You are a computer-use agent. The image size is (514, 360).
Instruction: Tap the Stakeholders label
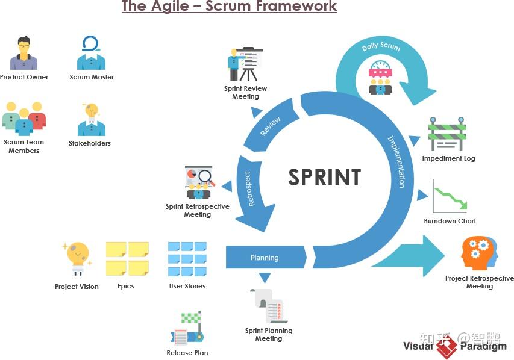pyautogui.click(x=90, y=143)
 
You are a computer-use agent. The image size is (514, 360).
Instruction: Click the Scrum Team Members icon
pyautogui.click(x=24, y=118)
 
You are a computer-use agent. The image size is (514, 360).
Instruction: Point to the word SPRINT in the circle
pyautogui.click(x=324, y=178)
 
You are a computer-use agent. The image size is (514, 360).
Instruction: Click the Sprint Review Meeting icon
pyautogui.click(x=246, y=64)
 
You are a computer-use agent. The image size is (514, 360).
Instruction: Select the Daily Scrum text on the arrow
pyautogui.click(x=380, y=47)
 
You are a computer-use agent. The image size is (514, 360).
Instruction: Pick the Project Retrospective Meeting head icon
pyautogui.click(x=479, y=253)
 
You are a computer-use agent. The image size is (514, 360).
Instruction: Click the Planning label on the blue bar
pyautogui.click(x=265, y=258)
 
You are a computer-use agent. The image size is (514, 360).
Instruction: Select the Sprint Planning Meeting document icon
pyautogui.click(x=269, y=305)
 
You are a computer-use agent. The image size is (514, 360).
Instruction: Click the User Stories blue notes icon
pyautogui.click(x=187, y=259)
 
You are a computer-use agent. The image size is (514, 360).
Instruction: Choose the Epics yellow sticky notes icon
pyautogui.click(x=127, y=259)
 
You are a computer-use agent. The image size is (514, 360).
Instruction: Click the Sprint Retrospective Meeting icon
pyautogui.click(x=198, y=182)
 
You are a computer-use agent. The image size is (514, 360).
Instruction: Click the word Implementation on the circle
pyautogui.click(x=396, y=161)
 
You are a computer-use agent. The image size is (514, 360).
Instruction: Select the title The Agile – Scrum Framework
pyautogui.click(x=229, y=7)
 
